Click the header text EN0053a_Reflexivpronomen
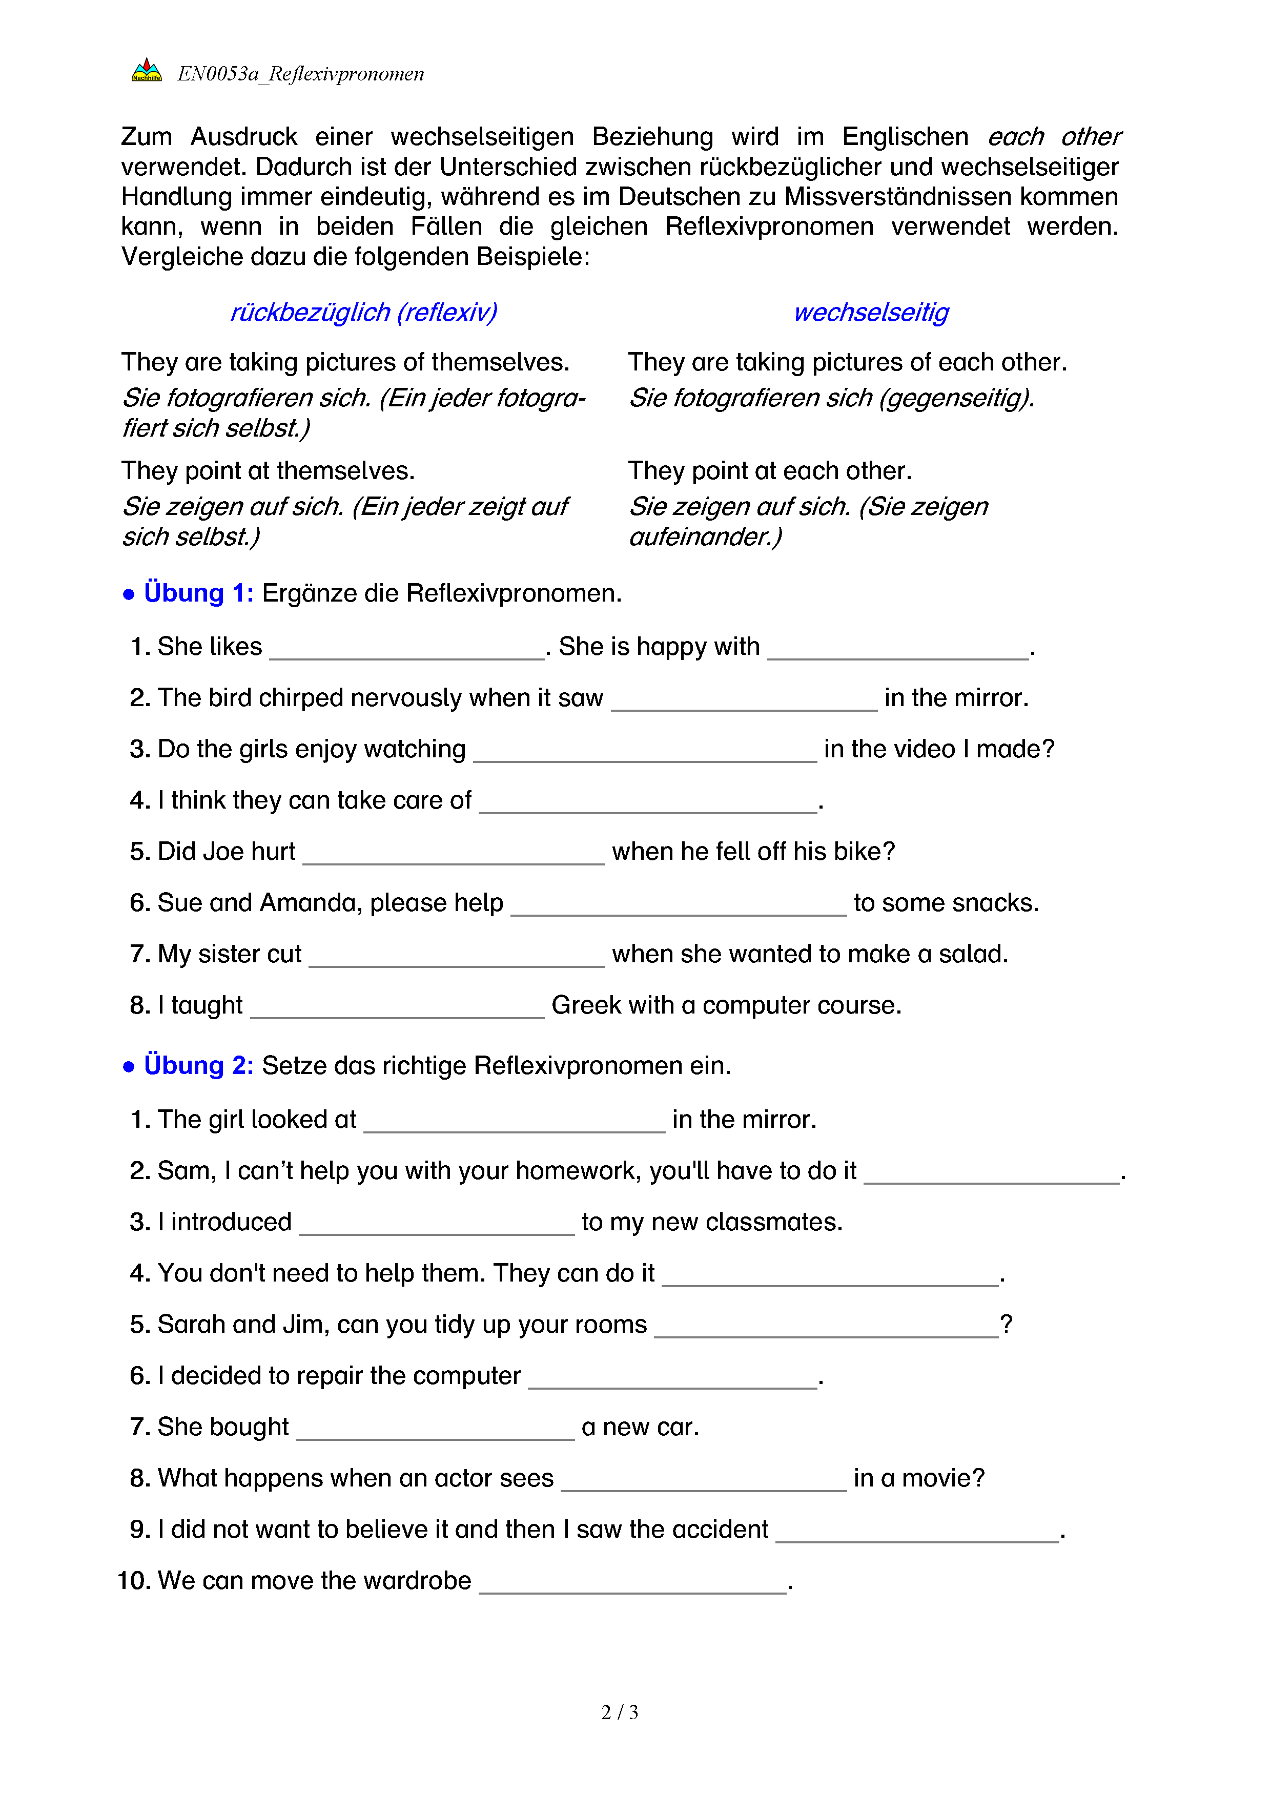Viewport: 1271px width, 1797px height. click(300, 74)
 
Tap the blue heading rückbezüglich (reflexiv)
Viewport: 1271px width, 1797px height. click(363, 312)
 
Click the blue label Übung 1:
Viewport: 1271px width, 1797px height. click(199, 593)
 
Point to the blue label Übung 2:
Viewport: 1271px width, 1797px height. click(199, 1065)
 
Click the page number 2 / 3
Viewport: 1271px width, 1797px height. click(619, 1712)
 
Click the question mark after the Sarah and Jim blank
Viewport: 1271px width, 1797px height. click(1007, 1324)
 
